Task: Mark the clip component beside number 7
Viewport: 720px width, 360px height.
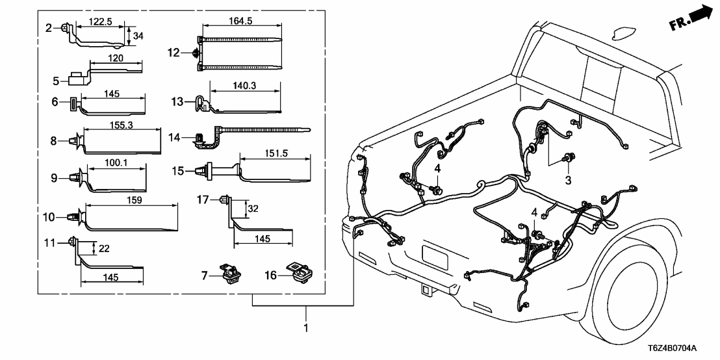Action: tap(229, 274)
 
